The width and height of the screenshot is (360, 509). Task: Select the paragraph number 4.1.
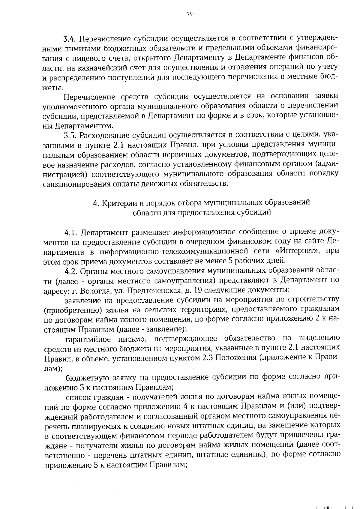(x=71, y=233)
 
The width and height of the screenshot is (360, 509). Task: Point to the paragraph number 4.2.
(x=71, y=271)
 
